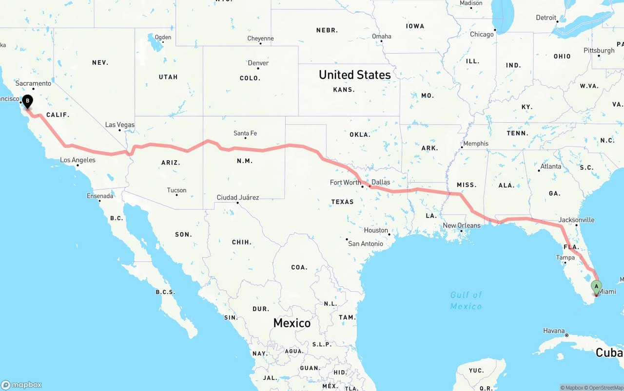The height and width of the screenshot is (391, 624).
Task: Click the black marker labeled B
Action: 28,102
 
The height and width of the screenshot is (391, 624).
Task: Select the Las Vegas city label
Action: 120,125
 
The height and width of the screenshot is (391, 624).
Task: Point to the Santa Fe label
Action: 245,133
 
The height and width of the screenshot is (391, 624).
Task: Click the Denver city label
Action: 258,63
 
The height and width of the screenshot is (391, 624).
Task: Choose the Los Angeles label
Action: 78,160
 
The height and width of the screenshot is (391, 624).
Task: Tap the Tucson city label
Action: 176,190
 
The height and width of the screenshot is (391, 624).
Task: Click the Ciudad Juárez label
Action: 238,198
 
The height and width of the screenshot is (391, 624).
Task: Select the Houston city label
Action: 376,230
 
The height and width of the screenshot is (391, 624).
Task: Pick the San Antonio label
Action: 366,243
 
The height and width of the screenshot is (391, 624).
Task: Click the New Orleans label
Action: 461,226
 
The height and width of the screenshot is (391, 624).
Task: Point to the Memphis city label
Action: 476,144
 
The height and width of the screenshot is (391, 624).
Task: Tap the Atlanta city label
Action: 551,167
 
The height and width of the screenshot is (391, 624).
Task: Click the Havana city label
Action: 554,331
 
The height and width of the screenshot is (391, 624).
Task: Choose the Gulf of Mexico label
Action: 466,300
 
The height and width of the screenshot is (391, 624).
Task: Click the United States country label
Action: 354,75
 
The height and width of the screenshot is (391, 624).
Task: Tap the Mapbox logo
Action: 21,385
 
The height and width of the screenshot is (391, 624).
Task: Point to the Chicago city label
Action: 482,35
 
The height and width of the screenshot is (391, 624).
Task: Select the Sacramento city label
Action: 33,84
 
